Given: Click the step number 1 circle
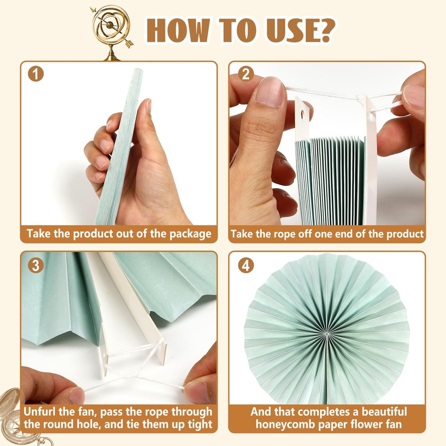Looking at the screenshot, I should tap(36, 74).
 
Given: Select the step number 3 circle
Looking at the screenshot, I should tap(36, 265).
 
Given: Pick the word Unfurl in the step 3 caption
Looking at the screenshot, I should tap(43, 411).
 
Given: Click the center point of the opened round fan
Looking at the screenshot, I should tap(328, 333).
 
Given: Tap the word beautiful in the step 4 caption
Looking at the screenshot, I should tap(379, 411).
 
